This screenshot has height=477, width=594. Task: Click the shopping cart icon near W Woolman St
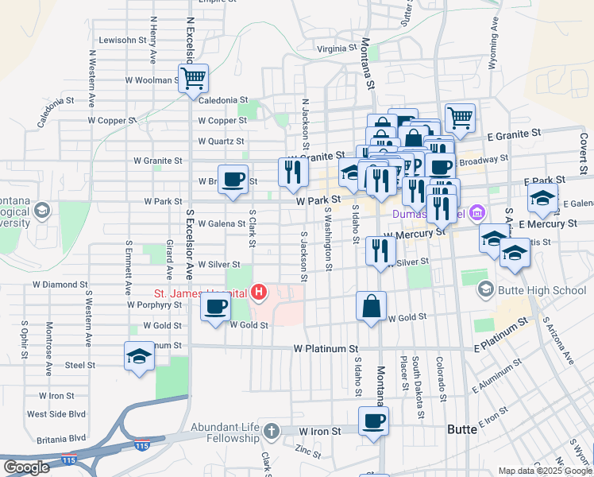(x=193, y=79)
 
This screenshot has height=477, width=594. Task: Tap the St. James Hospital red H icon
(x=258, y=293)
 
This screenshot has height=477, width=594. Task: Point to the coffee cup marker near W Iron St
(x=373, y=421)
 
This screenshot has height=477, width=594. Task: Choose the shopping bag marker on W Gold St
(x=372, y=306)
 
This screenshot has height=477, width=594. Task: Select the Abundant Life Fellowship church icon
(x=271, y=431)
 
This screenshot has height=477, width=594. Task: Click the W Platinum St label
(x=326, y=348)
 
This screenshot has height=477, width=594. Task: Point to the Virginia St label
(x=336, y=48)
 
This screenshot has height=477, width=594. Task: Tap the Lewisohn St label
(x=123, y=39)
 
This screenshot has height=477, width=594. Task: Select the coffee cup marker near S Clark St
(x=232, y=180)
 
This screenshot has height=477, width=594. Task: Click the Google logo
(x=27, y=468)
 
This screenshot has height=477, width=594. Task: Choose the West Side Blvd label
(x=56, y=414)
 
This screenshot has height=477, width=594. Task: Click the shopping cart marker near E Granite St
(x=460, y=118)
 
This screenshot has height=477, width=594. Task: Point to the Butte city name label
(x=462, y=429)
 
